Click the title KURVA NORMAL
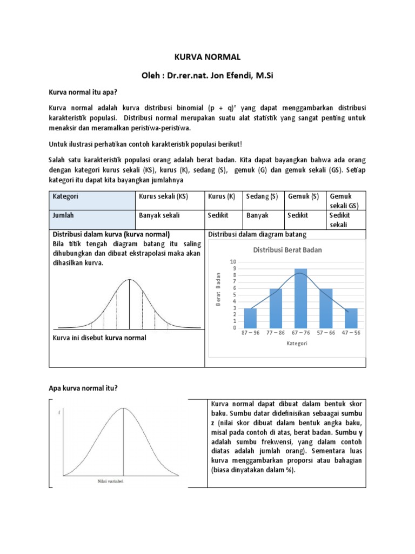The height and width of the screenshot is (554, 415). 207,57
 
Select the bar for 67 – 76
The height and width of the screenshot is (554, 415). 301,298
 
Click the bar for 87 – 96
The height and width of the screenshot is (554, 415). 251,318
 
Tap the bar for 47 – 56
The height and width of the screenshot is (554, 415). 351,318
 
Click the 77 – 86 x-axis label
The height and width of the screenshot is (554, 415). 276,333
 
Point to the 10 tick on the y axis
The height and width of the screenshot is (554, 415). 233,262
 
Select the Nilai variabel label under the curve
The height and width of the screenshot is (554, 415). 110,481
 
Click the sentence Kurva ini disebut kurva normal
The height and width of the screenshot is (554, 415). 99,338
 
